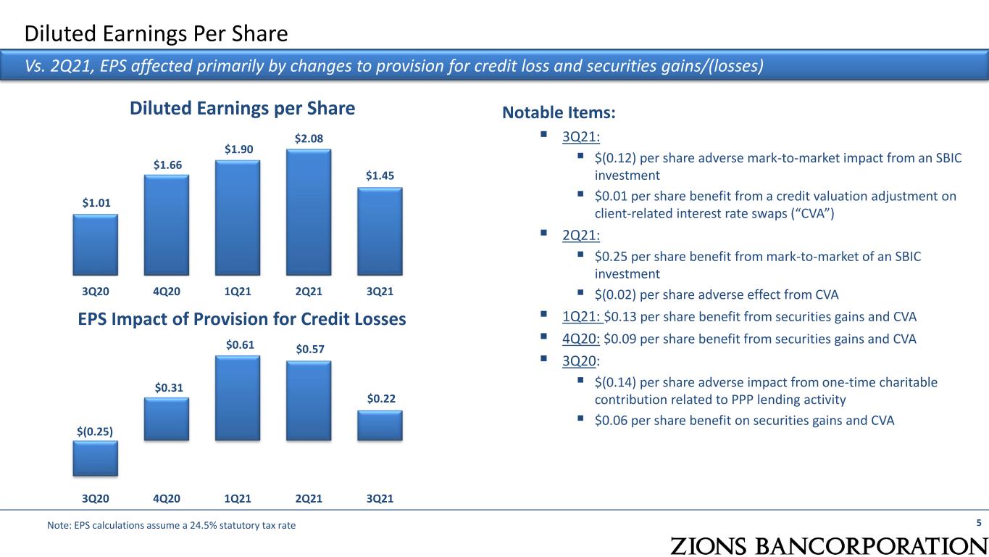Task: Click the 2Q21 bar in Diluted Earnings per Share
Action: (x=309, y=213)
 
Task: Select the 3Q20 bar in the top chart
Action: (x=96, y=244)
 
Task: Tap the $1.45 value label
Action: (x=380, y=176)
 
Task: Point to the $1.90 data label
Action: (x=238, y=149)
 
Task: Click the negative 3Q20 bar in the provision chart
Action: (x=96, y=458)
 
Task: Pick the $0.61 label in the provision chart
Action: (x=238, y=345)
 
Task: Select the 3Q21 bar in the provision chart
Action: (x=380, y=425)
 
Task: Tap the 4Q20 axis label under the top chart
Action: (x=167, y=292)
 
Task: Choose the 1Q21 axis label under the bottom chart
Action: (x=238, y=498)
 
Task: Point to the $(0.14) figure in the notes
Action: (x=614, y=381)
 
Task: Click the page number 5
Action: (x=979, y=523)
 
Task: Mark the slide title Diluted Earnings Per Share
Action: (x=157, y=33)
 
